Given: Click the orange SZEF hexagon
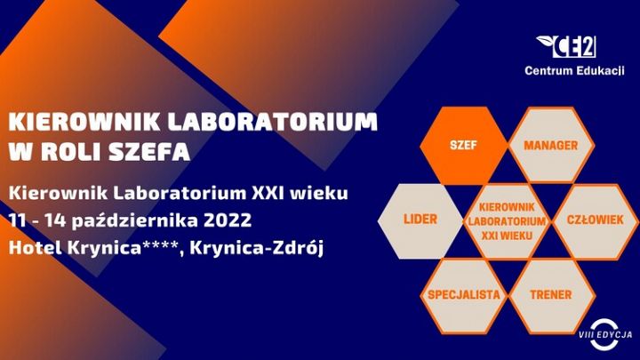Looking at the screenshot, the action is click(x=464, y=145).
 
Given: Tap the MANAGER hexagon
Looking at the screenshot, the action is click(x=551, y=145).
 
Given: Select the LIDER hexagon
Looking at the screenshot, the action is click(x=420, y=220).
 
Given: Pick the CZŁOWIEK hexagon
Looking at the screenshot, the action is click(x=596, y=220).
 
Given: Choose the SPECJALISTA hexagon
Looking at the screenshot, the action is click(x=464, y=295).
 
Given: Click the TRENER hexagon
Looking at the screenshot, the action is click(x=551, y=295).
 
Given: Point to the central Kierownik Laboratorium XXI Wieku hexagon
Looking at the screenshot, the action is click(x=508, y=220).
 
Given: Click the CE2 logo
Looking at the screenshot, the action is click(x=566, y=46).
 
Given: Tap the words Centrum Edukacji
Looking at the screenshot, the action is click(x=574, y=70).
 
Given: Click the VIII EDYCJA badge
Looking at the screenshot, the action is click(x=605, y=335).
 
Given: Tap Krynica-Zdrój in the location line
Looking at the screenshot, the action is click(x=256, y=248).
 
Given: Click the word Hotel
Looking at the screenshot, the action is click(x=36, y=248).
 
